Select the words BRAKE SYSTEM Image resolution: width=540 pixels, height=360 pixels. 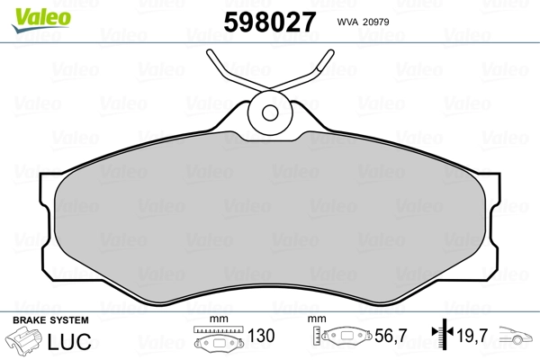(x=49, y=319)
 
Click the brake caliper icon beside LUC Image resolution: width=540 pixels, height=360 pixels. (x=27, y=342)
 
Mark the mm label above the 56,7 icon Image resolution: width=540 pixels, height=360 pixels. (x=317, y=320)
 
